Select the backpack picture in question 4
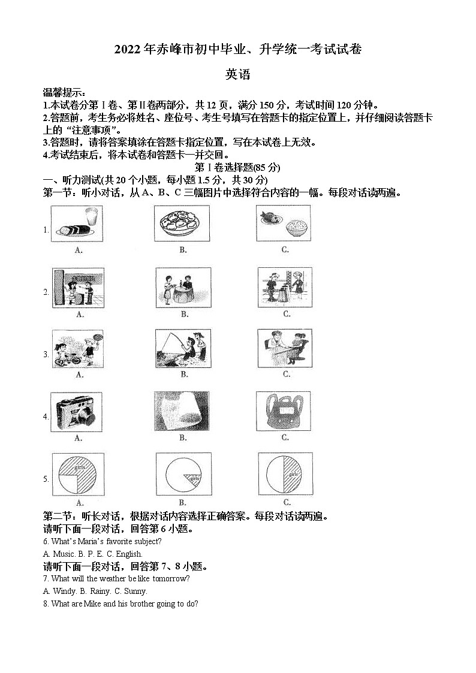pos(284,411)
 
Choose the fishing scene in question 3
pos(183,348)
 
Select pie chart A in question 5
pos(78,473)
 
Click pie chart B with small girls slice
pos(182,473)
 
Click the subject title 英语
pos(237,75)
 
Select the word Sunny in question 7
pos(135,591)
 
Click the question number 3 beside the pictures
pos(46,354)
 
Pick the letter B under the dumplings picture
pos(183,250)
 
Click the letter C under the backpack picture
pos(286,438)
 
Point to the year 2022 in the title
pos(128,50)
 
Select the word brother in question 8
pos(132,603)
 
